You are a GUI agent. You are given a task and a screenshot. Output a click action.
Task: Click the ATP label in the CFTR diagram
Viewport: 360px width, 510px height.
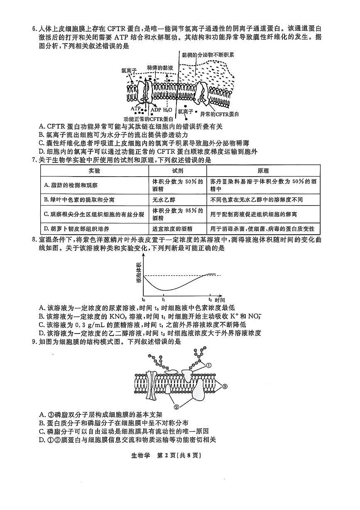pos(136,108)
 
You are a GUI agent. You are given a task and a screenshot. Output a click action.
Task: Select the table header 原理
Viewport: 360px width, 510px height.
pos(263,171)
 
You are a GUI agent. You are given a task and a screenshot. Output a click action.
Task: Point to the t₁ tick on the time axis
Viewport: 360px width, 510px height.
pos(164,299)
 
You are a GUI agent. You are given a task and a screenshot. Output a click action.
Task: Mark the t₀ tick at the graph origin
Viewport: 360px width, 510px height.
pos(144,299)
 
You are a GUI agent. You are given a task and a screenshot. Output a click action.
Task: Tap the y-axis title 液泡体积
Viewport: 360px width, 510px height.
pos(138,273)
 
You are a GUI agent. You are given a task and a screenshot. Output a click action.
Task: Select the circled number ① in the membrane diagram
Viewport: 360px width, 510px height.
pos(209,365)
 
